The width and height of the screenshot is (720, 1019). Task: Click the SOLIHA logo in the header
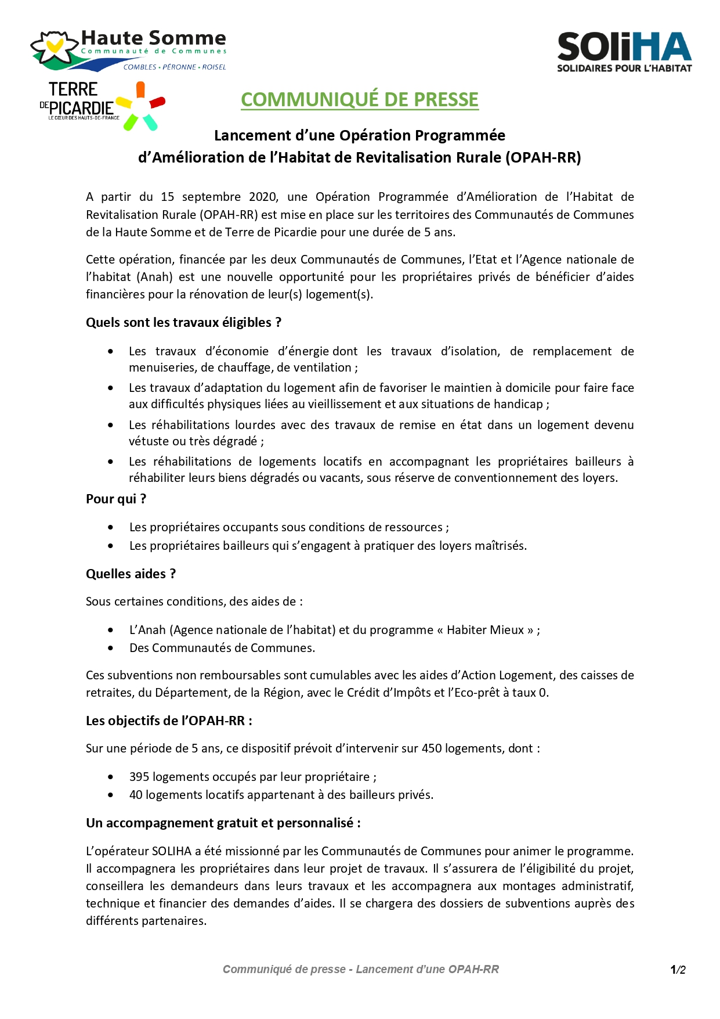pos(624,52)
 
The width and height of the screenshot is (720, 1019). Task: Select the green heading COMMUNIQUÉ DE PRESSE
pos(360,100)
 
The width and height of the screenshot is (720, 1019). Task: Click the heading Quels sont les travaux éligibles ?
pos(183,322)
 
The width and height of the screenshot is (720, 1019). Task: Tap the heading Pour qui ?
pos(116,499)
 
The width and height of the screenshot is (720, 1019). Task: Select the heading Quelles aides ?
pos(131,574)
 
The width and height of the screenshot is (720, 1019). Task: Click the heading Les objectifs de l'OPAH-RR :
pos(169,721)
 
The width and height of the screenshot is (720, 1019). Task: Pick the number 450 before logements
pos(432,748)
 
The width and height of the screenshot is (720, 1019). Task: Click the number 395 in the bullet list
pos(139,777)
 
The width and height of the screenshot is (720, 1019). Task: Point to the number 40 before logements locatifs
pos(136,795)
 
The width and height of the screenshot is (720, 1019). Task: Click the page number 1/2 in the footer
pos(678,970)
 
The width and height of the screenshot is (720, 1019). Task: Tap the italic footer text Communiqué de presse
pos(284,969)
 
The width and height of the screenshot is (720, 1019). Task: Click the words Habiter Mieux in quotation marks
pos(485,630)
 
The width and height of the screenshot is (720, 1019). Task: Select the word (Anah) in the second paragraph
pos(154,277)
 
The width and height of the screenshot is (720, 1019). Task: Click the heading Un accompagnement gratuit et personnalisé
pos(223,823)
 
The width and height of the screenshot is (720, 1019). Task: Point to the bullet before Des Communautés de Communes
pos(111,648)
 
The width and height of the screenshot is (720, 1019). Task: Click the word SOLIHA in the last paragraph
pos(172,851)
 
